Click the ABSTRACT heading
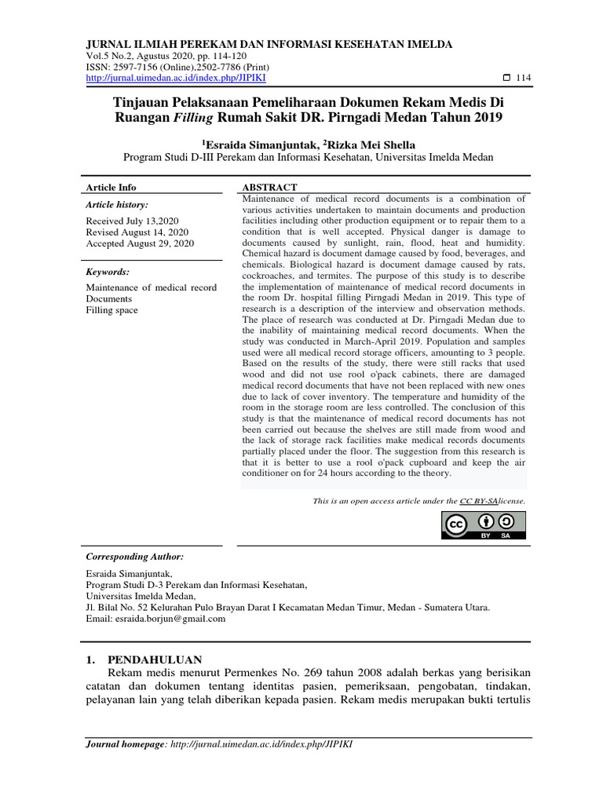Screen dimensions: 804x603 click(x=269, y=188)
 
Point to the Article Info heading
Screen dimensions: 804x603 click(x=111, y=188)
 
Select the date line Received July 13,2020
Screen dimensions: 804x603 click(x=126, y=221)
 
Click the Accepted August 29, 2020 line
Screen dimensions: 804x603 click(x=139, y=244)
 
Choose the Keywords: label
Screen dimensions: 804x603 click(x=108, y=272)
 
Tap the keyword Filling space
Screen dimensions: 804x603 click(x=111, y=310)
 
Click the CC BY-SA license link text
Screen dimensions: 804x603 click(x=482, y=500)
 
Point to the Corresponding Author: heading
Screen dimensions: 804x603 click(x=134, y=556)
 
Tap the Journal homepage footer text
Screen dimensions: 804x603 click(x=219, y=744)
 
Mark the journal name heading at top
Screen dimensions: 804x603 click(x=269, y=44)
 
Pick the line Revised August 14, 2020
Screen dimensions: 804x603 click(x=137, y=232)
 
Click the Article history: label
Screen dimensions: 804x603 click(x=116, y=204)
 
